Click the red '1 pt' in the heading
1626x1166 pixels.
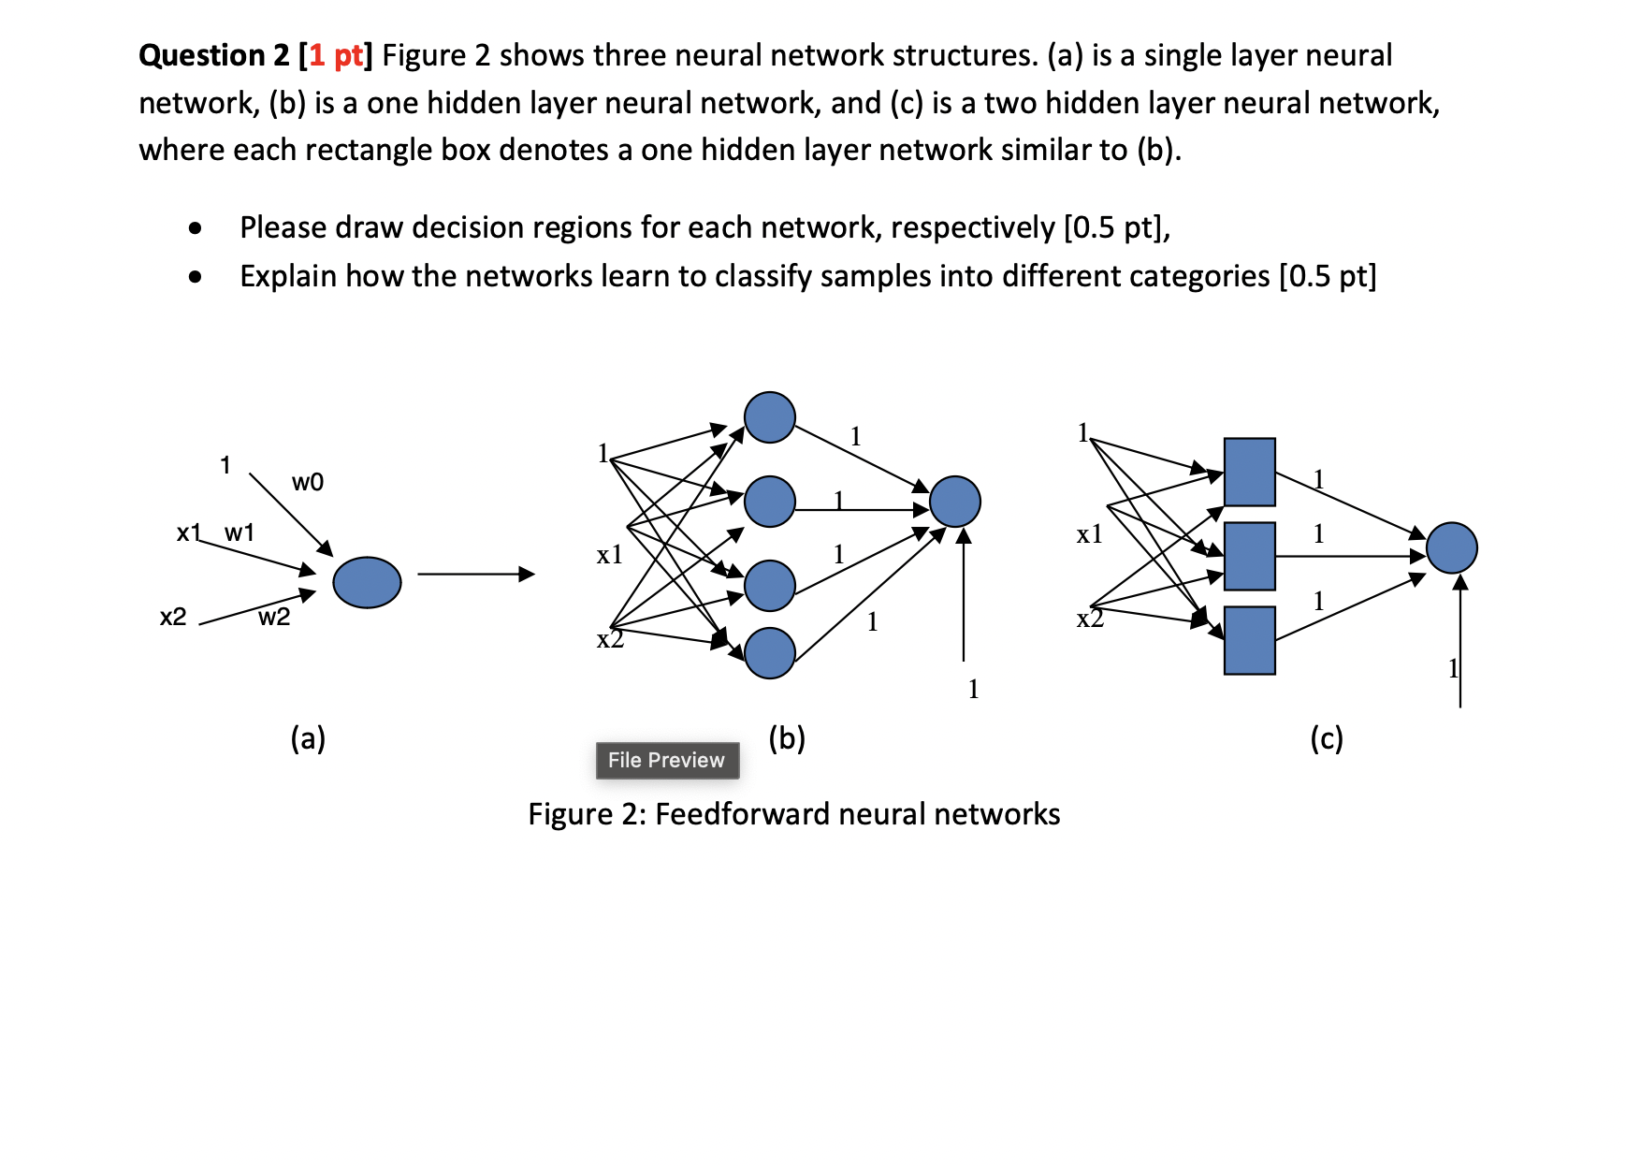[x=335, y=56]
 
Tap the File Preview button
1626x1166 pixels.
[x=667, y=760]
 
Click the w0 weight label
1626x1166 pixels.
[x=308, y=482]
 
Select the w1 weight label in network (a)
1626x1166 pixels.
[x=240, y=532]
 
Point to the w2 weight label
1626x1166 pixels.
[x=274, y=617]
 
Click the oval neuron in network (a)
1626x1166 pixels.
[x=367, y=582]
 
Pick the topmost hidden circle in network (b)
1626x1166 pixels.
[x=769, y=417]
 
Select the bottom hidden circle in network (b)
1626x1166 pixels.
[x=769, y=652]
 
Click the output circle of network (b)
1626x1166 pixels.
[x=954, y=502]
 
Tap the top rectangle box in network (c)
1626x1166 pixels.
[x=1249, y=472]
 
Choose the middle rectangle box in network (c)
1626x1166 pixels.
[x=1249, y=556]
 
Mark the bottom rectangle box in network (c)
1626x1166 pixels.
[x=1249, y=640]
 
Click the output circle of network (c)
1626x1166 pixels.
[x=1451, y=547]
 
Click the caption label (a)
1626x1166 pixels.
[x=308, y=738]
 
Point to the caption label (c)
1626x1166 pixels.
[x=1326, y=738]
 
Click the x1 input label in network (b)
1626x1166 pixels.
[x=609, y=555]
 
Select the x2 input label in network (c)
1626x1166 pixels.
[x=1090, y=619]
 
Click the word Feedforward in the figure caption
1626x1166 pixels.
[x=743, y=814]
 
